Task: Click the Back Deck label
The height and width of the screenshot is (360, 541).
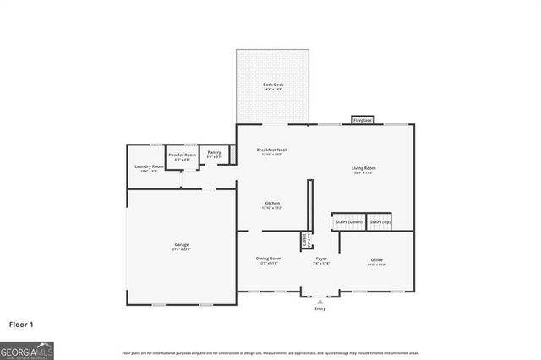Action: click(272, 86)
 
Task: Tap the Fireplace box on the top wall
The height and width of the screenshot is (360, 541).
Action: click(363, 120)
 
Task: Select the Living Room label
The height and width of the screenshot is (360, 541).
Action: click(363, 170)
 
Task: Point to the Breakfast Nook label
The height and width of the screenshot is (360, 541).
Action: click(272, 151)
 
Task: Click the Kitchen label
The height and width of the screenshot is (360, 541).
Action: click(272, 205)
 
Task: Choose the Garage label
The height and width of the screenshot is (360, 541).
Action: click(182, 247)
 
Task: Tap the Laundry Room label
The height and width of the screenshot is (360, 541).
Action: click(149, 167)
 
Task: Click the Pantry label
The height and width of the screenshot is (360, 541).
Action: click(215, 155)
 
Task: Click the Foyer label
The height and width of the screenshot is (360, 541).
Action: click(321, 260)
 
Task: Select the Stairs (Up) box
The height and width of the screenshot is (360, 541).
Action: click(380, 222)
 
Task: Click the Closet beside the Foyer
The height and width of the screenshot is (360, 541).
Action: click(305, 240)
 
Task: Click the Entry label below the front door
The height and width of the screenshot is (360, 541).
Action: click(320, 308)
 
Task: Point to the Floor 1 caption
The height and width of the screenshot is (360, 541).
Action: click(21, 324)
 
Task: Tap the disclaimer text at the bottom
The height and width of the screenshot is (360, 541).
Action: click(270, 352)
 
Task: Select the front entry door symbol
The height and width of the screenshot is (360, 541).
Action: click(320, 297)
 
